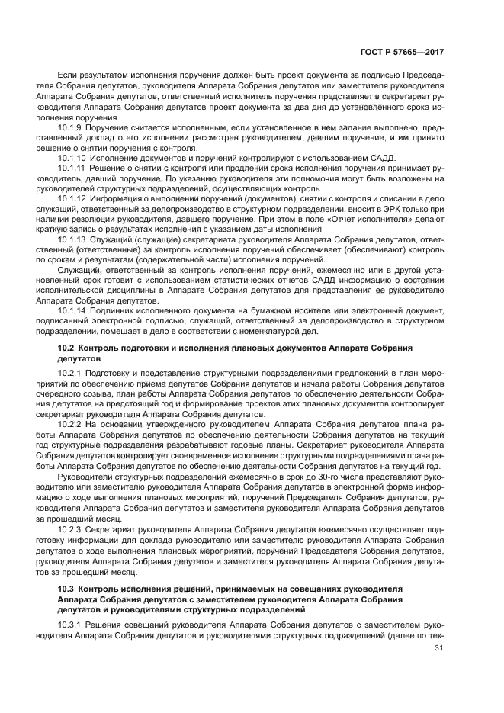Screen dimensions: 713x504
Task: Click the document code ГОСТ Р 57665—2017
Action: pyautogui.click(x=401, y=52)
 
